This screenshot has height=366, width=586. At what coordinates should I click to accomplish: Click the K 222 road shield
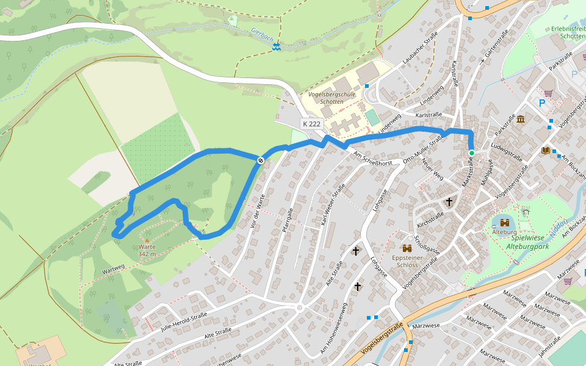click(311, 124)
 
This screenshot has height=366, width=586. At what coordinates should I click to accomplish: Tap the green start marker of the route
click(471, 153)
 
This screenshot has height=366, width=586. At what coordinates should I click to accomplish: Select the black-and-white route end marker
click(261, 160)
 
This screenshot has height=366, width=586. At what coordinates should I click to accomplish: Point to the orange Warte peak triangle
click(146, 240)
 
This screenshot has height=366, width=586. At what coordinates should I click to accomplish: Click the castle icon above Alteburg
click(504, 223)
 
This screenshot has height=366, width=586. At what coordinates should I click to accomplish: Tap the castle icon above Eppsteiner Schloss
click(407, 248)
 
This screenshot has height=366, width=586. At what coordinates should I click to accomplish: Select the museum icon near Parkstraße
click(520, 119)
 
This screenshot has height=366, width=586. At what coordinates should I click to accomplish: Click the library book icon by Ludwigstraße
click(546, 150)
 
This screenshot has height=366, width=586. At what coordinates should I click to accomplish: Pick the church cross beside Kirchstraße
click(449, 201)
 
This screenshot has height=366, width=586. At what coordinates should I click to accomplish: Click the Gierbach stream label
click(262, 36)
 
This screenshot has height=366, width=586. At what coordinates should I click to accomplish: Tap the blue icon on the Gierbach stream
click(277, 47)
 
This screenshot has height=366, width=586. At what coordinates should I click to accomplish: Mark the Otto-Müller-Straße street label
click(423, 150)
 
